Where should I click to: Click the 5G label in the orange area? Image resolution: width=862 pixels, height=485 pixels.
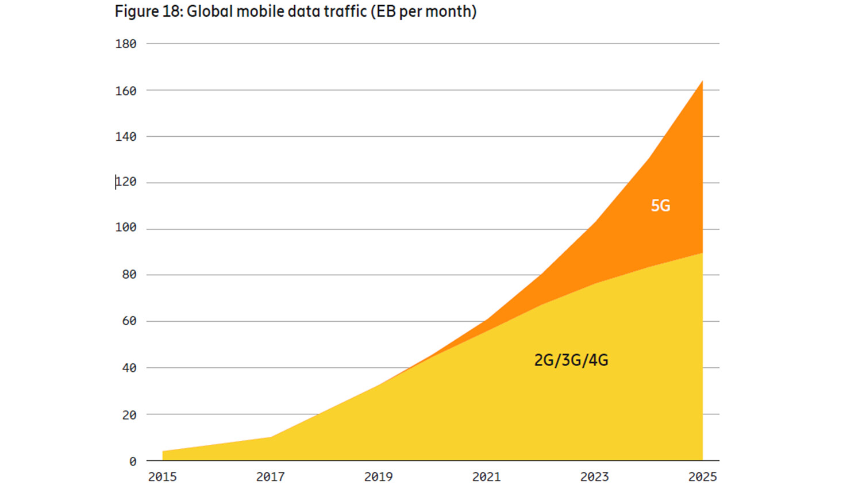tap(660, 206)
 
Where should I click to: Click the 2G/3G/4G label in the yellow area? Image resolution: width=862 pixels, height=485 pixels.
tap(571, 360)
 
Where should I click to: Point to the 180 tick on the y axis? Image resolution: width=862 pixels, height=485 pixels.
tap(126, 44)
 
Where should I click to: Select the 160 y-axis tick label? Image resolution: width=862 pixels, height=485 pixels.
tap(126, 91)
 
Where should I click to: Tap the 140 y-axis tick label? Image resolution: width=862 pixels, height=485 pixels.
tap(126, 137)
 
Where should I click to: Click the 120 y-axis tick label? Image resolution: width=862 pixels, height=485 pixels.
tap(126, 182)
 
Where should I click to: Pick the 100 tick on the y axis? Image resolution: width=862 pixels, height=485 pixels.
tap(126, 228)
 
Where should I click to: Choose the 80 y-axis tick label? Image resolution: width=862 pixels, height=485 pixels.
tap(129, 275)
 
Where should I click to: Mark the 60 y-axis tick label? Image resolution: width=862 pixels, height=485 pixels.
tap(129, 321)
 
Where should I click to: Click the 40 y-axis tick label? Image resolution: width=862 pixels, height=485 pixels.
tap(129, 368)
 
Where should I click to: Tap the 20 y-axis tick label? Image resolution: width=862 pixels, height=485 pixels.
tap(129, 415)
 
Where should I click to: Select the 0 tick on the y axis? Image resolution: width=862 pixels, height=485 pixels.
tap(133, 461)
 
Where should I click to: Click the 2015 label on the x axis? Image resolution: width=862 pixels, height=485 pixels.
tap(163, 477)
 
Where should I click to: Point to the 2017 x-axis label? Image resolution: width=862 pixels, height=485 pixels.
tap(270, 477)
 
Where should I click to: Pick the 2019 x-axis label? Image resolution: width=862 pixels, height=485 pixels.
tap(378, 477)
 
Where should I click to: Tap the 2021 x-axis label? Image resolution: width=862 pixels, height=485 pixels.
tap(486, 477)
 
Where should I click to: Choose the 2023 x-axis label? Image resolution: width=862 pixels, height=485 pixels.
tap(594, 477)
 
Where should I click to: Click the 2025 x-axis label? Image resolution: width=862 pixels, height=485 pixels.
tap(702, 477)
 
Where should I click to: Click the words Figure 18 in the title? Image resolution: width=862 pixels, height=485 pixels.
tap(148, 11)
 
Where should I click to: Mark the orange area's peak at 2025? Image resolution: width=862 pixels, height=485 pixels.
tap(702, 82)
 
